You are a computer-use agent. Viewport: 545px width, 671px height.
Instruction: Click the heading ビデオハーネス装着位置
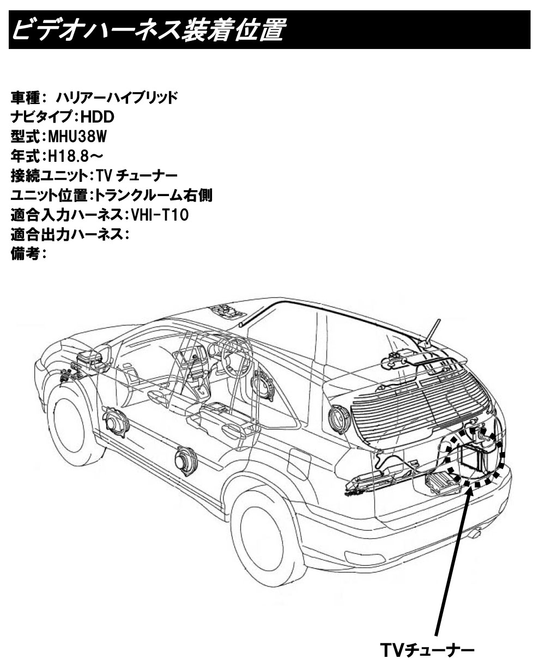tap(149, 29)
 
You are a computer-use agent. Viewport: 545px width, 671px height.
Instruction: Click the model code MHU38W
tap(77, 137)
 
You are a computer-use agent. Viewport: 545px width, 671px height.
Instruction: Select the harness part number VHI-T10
tap(160, 215)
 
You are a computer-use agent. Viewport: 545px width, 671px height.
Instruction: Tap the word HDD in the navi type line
tap(98, 117)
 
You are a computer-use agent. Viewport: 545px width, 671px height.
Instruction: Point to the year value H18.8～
tap(76, 156)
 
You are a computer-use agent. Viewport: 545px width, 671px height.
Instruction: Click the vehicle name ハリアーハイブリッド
tap(117, 97)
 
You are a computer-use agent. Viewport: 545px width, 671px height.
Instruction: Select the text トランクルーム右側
tap(154, 196)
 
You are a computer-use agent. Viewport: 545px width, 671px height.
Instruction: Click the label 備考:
tap(29, 254)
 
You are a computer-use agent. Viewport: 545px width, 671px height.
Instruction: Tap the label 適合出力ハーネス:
tap(70, 235)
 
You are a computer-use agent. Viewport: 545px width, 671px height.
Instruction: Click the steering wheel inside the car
tap(237, 356)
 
